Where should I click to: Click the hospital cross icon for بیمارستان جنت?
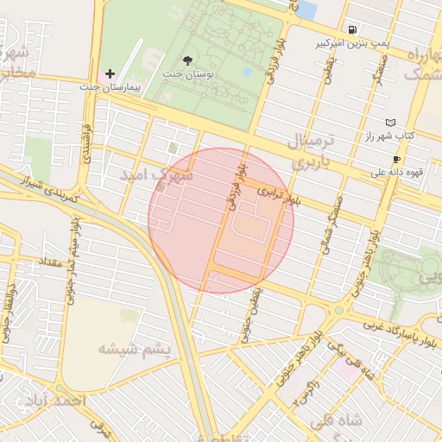(x=110, y=75)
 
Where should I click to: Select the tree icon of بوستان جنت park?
(x=188, y=61)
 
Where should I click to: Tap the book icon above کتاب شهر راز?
(x=390, y=123)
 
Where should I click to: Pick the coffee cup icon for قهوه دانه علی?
(x=396, y=159)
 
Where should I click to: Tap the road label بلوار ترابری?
(x=280, y=197)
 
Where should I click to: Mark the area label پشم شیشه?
(x=135, y=349)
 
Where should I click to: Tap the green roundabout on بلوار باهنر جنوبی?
(x=339, y=310)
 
